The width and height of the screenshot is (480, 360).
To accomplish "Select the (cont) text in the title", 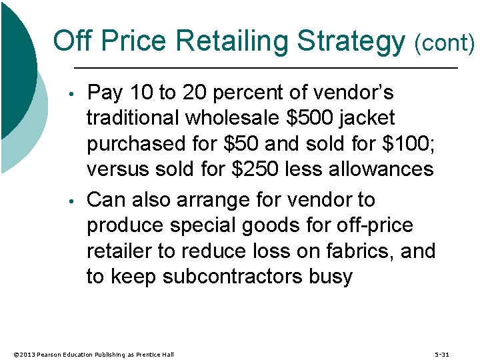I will coord(444,43).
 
